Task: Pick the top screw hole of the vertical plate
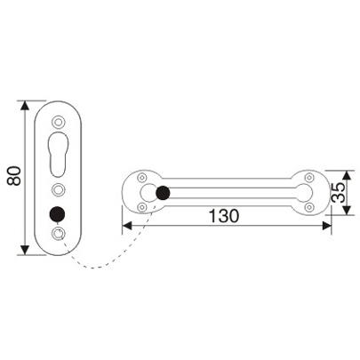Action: [x=59, y=122]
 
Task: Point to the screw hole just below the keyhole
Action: [x=59, y=188]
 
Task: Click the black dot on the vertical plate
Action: [x=59, y=213]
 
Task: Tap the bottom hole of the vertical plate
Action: [x=59, y=234]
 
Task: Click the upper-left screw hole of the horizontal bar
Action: [x=141, y=175]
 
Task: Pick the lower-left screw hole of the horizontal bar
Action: [x=141, y=208]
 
